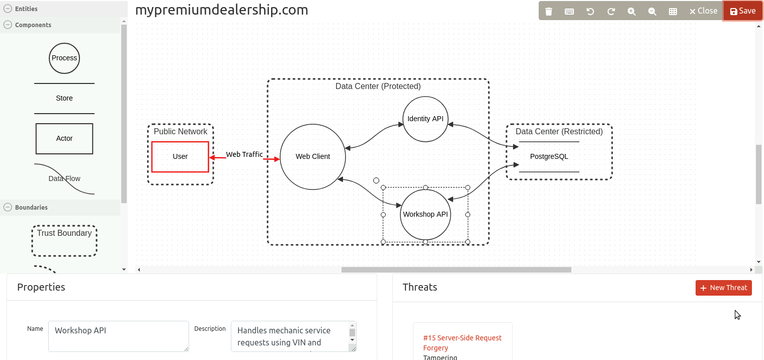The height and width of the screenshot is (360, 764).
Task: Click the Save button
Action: tap(743, 11)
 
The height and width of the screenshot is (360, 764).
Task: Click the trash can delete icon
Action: tap(549, 11)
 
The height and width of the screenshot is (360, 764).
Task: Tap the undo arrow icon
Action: tap(590, 11)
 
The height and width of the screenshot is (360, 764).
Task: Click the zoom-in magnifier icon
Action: tap(632, 11)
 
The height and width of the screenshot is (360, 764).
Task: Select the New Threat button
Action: tap(723, 288)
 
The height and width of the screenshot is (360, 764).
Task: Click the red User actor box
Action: tap(180, 156)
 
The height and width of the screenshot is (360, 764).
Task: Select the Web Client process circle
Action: tap(312, 156)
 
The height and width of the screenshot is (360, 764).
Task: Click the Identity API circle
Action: tap(426, 119)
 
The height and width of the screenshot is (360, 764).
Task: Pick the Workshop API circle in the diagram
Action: tap(426, 215)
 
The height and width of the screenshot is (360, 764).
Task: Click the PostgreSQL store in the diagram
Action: tap(549, 156)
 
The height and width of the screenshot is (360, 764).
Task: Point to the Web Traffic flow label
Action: tap(244, 154)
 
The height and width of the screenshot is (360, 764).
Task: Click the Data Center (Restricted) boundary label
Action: tap(559, 132)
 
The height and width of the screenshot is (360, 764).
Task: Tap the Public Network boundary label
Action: tap(180, 132)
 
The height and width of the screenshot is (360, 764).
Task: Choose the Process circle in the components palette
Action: tap(64, 58)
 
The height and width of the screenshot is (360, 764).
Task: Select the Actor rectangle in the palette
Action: tap(64, 138)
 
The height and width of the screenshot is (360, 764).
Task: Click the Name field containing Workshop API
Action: tap(118, 336)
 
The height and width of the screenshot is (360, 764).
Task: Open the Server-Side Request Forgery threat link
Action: tap(462, 343)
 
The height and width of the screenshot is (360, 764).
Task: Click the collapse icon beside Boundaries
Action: tap(8, 207)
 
